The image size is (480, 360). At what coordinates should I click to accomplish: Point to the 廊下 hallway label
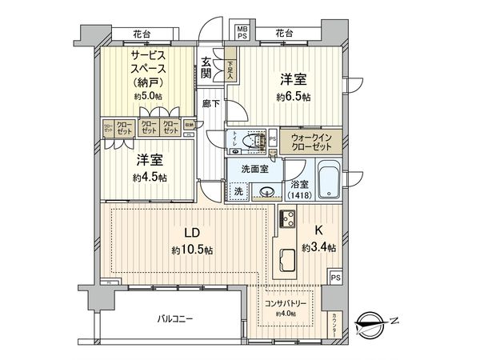(x=211, y=104)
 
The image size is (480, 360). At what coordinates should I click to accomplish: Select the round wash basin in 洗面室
(x=266, y=193)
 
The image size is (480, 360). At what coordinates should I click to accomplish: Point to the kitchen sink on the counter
(x=287, y=261)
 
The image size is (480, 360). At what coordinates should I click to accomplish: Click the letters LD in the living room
(x=192, y=233)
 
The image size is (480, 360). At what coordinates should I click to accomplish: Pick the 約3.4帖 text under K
(x=319, y=248)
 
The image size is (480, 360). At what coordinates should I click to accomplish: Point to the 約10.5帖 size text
(x=192, y=250)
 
